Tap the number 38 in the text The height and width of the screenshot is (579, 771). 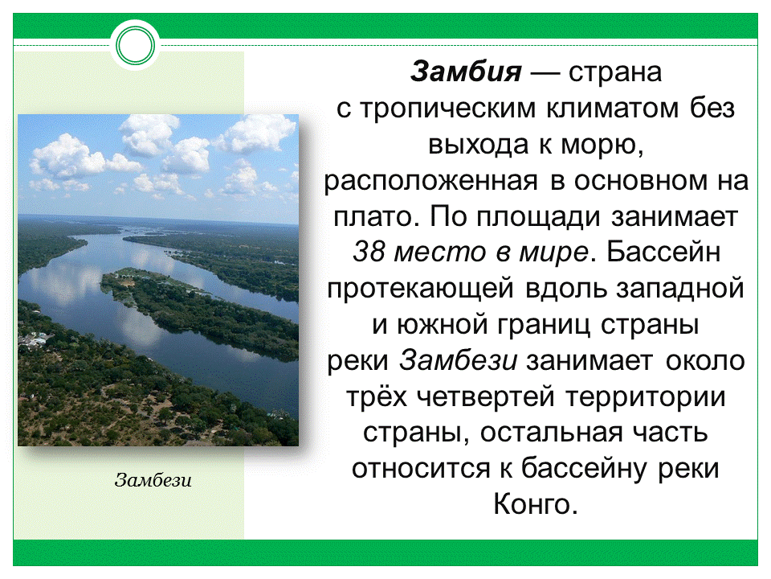click(369, 252)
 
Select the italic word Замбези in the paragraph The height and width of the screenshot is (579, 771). click(459, 359)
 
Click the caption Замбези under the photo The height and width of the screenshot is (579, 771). click(154, 481)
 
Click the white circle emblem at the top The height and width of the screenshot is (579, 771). click(134, 46)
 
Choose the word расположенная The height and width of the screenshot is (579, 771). click(430, 181)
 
